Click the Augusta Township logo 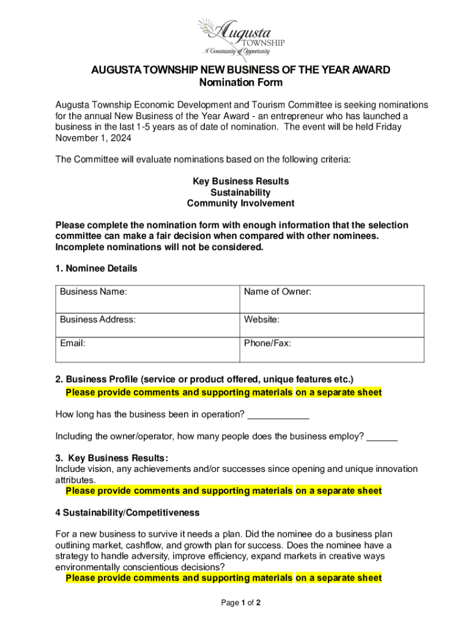(240, 37)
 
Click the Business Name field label (94, 292)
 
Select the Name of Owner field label (277, 292)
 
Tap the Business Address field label (98, 319)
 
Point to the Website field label (262, 319)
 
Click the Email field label (72, 344)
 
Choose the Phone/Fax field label (267, 344)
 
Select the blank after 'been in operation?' (278, 415)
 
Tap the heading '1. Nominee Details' (96, 268)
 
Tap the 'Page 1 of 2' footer (241, 603)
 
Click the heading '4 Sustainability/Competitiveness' (127, 512)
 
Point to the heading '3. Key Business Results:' (111, 458)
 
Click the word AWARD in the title (369, 70)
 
